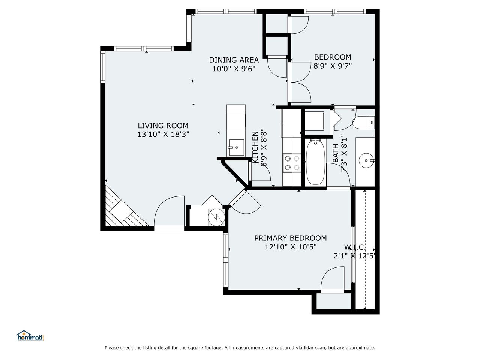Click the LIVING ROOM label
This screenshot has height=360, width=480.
pyautogui.click(x=163, y=126)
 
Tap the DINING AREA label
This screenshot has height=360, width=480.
pyautogui.click(x=234, y=60)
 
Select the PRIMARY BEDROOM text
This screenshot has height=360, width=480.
pyautogui.click(x=290, y=238)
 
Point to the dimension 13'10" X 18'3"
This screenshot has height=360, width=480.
pyautogui.click(x=163, y=134)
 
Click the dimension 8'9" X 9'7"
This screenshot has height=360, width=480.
pyautogui.click(x=333, y=66)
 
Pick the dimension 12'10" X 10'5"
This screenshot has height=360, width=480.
pyautogui.click(x=290, y=247)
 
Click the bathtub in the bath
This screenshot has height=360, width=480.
pyautogui.click(x=315, y=162)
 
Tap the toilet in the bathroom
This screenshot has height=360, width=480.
pyautogui.click(x=363, y=123)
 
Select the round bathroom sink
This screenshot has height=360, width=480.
pyautogui.click(x=366, y=160)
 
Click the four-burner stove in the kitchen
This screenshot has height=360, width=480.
pyautogui.click(x=292, y=163)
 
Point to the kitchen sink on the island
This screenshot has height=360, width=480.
pyautogui.click(x=236, y=147)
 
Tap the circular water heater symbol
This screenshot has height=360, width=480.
pyautogui.click(x=216, y=217)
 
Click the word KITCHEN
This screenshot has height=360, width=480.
pyautogui.click(x=255, y=147)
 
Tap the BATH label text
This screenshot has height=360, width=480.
pyautogui.click(x=336, y=153)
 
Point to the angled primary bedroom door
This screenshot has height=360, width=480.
pyautogui.click(x=245, y=201)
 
